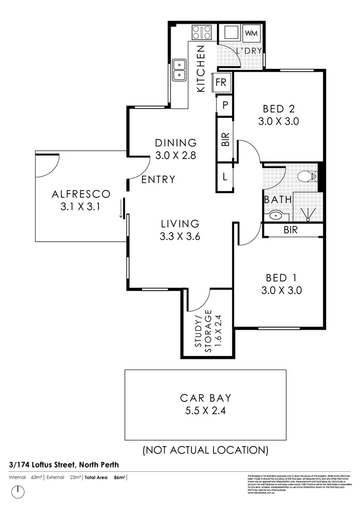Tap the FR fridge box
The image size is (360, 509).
pos(221,83)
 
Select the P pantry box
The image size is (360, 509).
pos(223,105)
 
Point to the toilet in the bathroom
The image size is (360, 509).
pos(307,175)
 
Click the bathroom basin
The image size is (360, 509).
pos(276,216)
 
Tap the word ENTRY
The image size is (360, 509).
pos(158,179)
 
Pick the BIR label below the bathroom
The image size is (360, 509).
pos(292,230)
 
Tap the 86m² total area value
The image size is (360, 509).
pos(120,477)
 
